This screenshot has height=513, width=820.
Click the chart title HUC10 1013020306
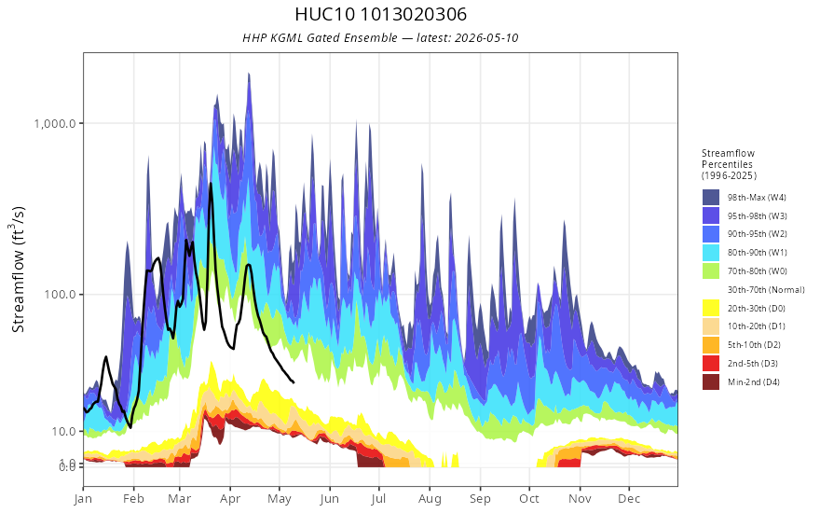click(x=381, y=14)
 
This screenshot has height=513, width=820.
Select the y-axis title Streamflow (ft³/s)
click(x=18, y=269)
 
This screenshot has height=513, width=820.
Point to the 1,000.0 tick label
click(x=54, y=123)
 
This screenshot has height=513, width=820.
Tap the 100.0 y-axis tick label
click(x=61, y=294)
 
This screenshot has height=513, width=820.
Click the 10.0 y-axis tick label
click(x=63, y=431)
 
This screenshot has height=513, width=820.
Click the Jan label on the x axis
click(x=83, y=499)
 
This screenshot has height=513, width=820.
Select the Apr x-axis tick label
click(x=229, y=499)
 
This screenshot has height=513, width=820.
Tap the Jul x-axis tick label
click(x=378, y=499)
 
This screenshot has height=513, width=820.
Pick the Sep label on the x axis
click(x=480, y=499)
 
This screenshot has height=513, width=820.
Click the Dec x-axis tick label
click(x=629, y=499)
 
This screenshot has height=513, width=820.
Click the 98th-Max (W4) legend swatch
click(x=711, y=198)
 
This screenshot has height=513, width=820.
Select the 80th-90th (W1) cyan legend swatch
click(x=711, y=253)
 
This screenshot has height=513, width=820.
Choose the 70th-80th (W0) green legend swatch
click(x=711, y=271)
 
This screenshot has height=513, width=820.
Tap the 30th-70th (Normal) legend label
click(x=766, y=289)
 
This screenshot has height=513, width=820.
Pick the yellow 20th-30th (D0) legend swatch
click(x=711, y=308)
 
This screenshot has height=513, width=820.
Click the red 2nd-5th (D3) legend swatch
click(x=711, y=363)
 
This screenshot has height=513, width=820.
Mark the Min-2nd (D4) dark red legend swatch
click(x=711, y=381)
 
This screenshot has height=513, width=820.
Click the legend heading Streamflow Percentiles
click(x=729, y=159)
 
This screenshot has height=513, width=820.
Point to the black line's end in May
click(x=294, y=382)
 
